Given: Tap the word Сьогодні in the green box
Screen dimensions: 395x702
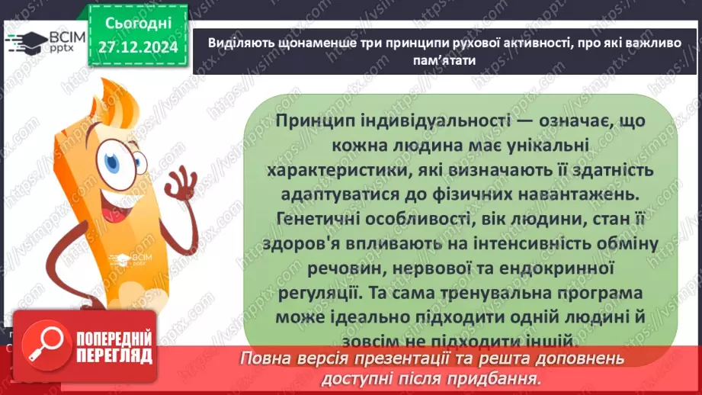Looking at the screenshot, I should tap(138, 24).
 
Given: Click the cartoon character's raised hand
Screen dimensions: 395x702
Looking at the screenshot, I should tap(179, 183).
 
